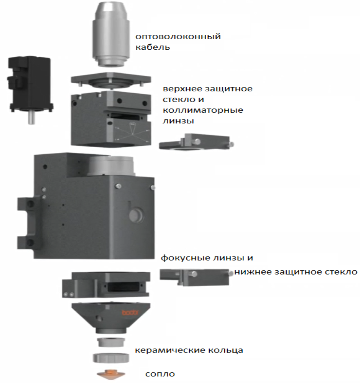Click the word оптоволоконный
point(178,37)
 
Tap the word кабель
point(153,47)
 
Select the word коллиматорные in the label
point(203,110)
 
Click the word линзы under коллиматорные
point(178,121)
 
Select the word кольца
point(226,350)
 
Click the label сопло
point(160,374)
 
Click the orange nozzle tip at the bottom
point(111,374)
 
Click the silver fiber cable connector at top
point(111,34)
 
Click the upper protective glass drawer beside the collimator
point(196,142)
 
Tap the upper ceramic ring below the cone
point(111,342)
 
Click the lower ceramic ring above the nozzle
point(111,358)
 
